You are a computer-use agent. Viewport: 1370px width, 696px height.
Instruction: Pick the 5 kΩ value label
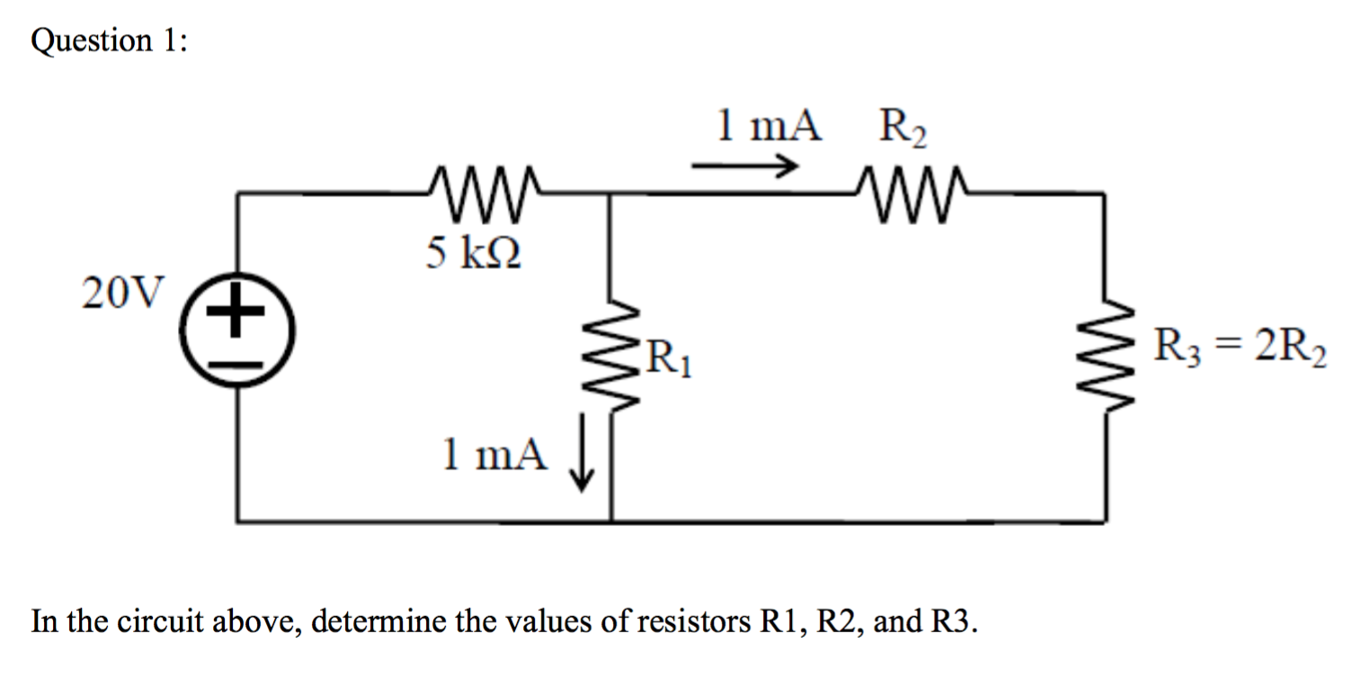(475, 254)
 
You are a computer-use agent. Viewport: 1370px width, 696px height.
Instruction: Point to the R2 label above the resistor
(903, 129)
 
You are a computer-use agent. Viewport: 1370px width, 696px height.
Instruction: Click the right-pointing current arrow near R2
(744, 166)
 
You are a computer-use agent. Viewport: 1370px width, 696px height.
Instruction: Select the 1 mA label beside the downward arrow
(494, 455)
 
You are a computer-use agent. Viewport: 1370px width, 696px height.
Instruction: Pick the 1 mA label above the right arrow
(769, 127)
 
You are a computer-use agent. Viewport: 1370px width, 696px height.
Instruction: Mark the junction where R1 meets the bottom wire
(611, 521)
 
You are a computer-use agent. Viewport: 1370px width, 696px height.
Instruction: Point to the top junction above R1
(611, 192)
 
